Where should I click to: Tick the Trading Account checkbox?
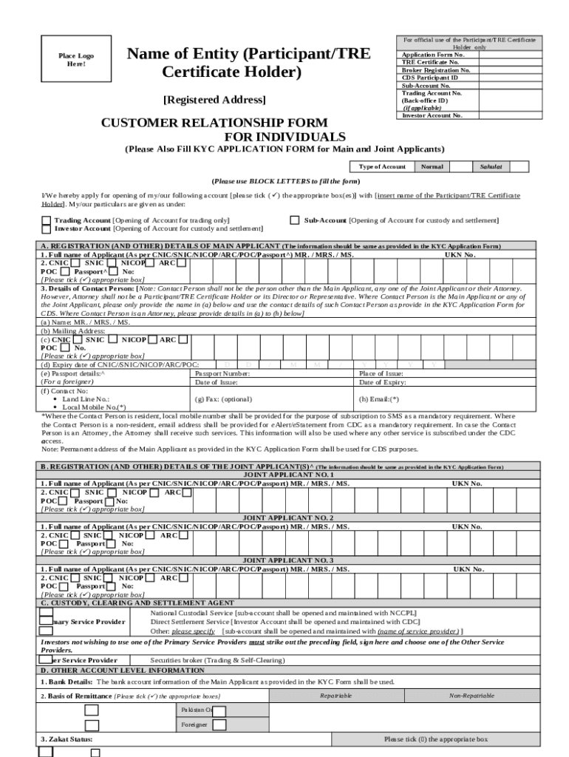(47, 220)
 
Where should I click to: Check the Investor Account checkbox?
(47, 229)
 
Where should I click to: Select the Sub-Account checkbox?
(295, 220)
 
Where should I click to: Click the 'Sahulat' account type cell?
(491, 167)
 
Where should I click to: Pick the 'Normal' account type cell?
(432, 167)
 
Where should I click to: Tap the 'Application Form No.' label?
(433, 55)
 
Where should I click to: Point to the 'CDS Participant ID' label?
(429, 78)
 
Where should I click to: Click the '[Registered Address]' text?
(214, 100)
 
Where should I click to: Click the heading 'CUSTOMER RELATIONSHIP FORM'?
(214, 122)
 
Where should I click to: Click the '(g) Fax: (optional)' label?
(223, 398)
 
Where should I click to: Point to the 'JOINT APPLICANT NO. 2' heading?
(288, 518)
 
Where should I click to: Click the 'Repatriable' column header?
(335, 696)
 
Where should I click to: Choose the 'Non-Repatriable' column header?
(472, 696)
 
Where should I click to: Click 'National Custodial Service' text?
(191, 614)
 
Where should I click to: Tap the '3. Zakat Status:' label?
(67, 739)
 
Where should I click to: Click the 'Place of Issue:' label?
(381, 374)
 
